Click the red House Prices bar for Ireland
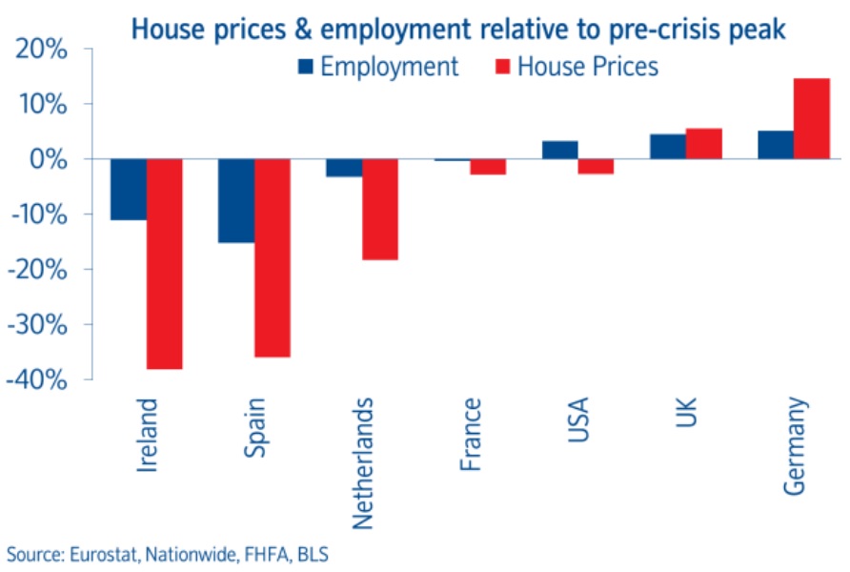click(x=164, y=263)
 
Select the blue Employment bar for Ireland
click(x=129, y=189)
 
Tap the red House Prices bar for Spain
click(x=272, y=257)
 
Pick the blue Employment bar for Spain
click(x=236, y=200)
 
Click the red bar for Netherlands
click(x=379, y=209)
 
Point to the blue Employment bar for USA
click(x=559, y=150)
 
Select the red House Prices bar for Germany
click(x=811, y=118)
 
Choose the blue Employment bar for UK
click(x=667, y=146)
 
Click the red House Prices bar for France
click(x=488, y=167)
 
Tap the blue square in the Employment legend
click(x=305, y=67)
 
